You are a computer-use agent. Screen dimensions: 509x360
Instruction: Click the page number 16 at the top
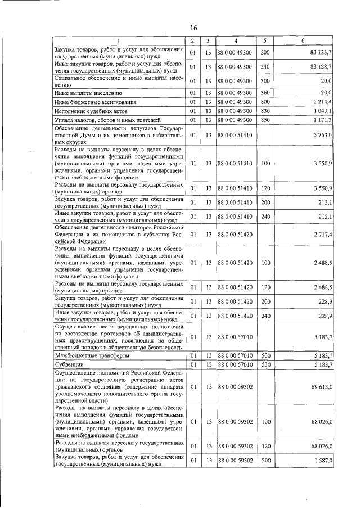193,28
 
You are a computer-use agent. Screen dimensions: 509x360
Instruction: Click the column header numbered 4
236,41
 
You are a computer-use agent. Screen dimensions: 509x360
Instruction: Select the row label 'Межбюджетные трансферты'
92,355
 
